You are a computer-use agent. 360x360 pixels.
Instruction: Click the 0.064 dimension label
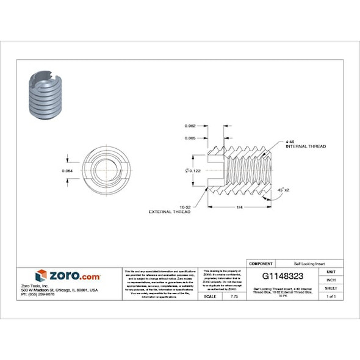point(68,170)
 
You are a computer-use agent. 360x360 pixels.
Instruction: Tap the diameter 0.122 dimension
point(193,170)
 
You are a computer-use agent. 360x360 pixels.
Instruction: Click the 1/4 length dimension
point(239,207)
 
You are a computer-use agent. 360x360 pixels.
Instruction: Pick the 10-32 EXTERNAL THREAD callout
point(170,209)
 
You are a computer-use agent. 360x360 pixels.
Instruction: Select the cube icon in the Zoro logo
point(41,276)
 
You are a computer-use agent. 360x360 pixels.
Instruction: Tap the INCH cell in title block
point(331,279)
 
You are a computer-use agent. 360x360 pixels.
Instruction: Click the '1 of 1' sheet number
point(331,296)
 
